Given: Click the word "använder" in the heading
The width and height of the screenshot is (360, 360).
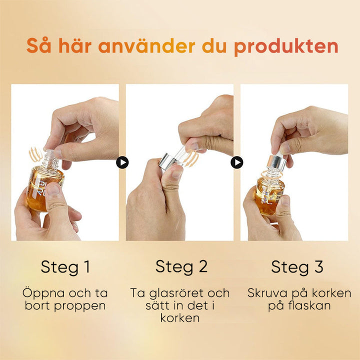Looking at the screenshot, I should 146,46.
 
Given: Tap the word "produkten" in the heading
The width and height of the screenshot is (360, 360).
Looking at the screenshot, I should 286,46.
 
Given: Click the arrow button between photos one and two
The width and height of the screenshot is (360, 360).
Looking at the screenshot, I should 122,162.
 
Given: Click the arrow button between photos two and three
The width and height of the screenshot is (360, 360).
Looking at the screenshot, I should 237,162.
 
